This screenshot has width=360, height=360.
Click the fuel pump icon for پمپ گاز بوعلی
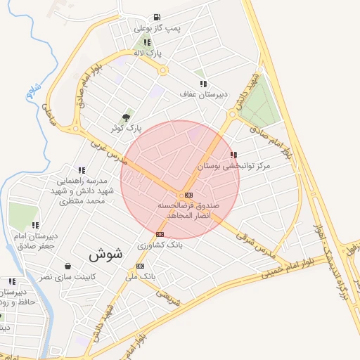156,17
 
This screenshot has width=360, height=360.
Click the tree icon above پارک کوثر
126,117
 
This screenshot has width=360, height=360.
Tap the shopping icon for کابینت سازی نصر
67,266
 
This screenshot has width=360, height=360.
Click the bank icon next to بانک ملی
141,266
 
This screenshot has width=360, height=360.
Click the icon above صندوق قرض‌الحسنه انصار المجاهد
188,194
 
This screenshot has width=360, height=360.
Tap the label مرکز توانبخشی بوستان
243,166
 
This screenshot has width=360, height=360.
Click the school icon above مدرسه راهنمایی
82,169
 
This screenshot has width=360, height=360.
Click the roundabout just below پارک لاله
163,70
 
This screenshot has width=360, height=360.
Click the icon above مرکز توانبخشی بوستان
233,155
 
